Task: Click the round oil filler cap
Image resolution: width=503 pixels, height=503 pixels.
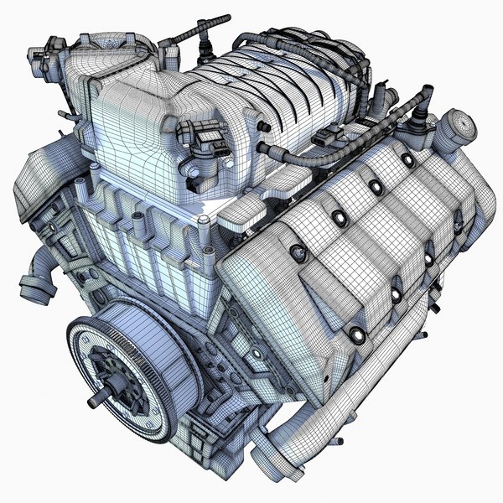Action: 460,125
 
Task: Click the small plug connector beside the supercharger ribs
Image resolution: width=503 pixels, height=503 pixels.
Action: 335,134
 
